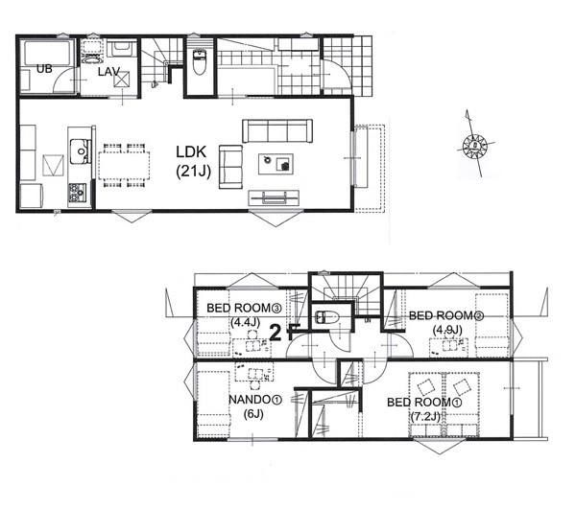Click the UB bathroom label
pos(44,69)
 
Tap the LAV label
pos(108,72)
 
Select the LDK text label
pos(191,151)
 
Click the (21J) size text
pos(193,172)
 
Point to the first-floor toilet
pos(199,61)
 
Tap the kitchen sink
pos(80,151)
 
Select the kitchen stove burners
pos(77,193)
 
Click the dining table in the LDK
pos(124,166)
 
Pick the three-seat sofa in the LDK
pos(277,130)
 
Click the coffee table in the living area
pos(276,164)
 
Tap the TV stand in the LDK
pos(274,197)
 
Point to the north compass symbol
pos(474,145)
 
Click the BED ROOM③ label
pos(244,308)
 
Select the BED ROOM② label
pos(446,315)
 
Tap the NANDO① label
pos(255,400)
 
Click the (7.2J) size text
pos(425,417)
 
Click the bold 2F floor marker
pos(285,333)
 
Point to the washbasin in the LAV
pos(91,58)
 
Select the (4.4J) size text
pos(246,322)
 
